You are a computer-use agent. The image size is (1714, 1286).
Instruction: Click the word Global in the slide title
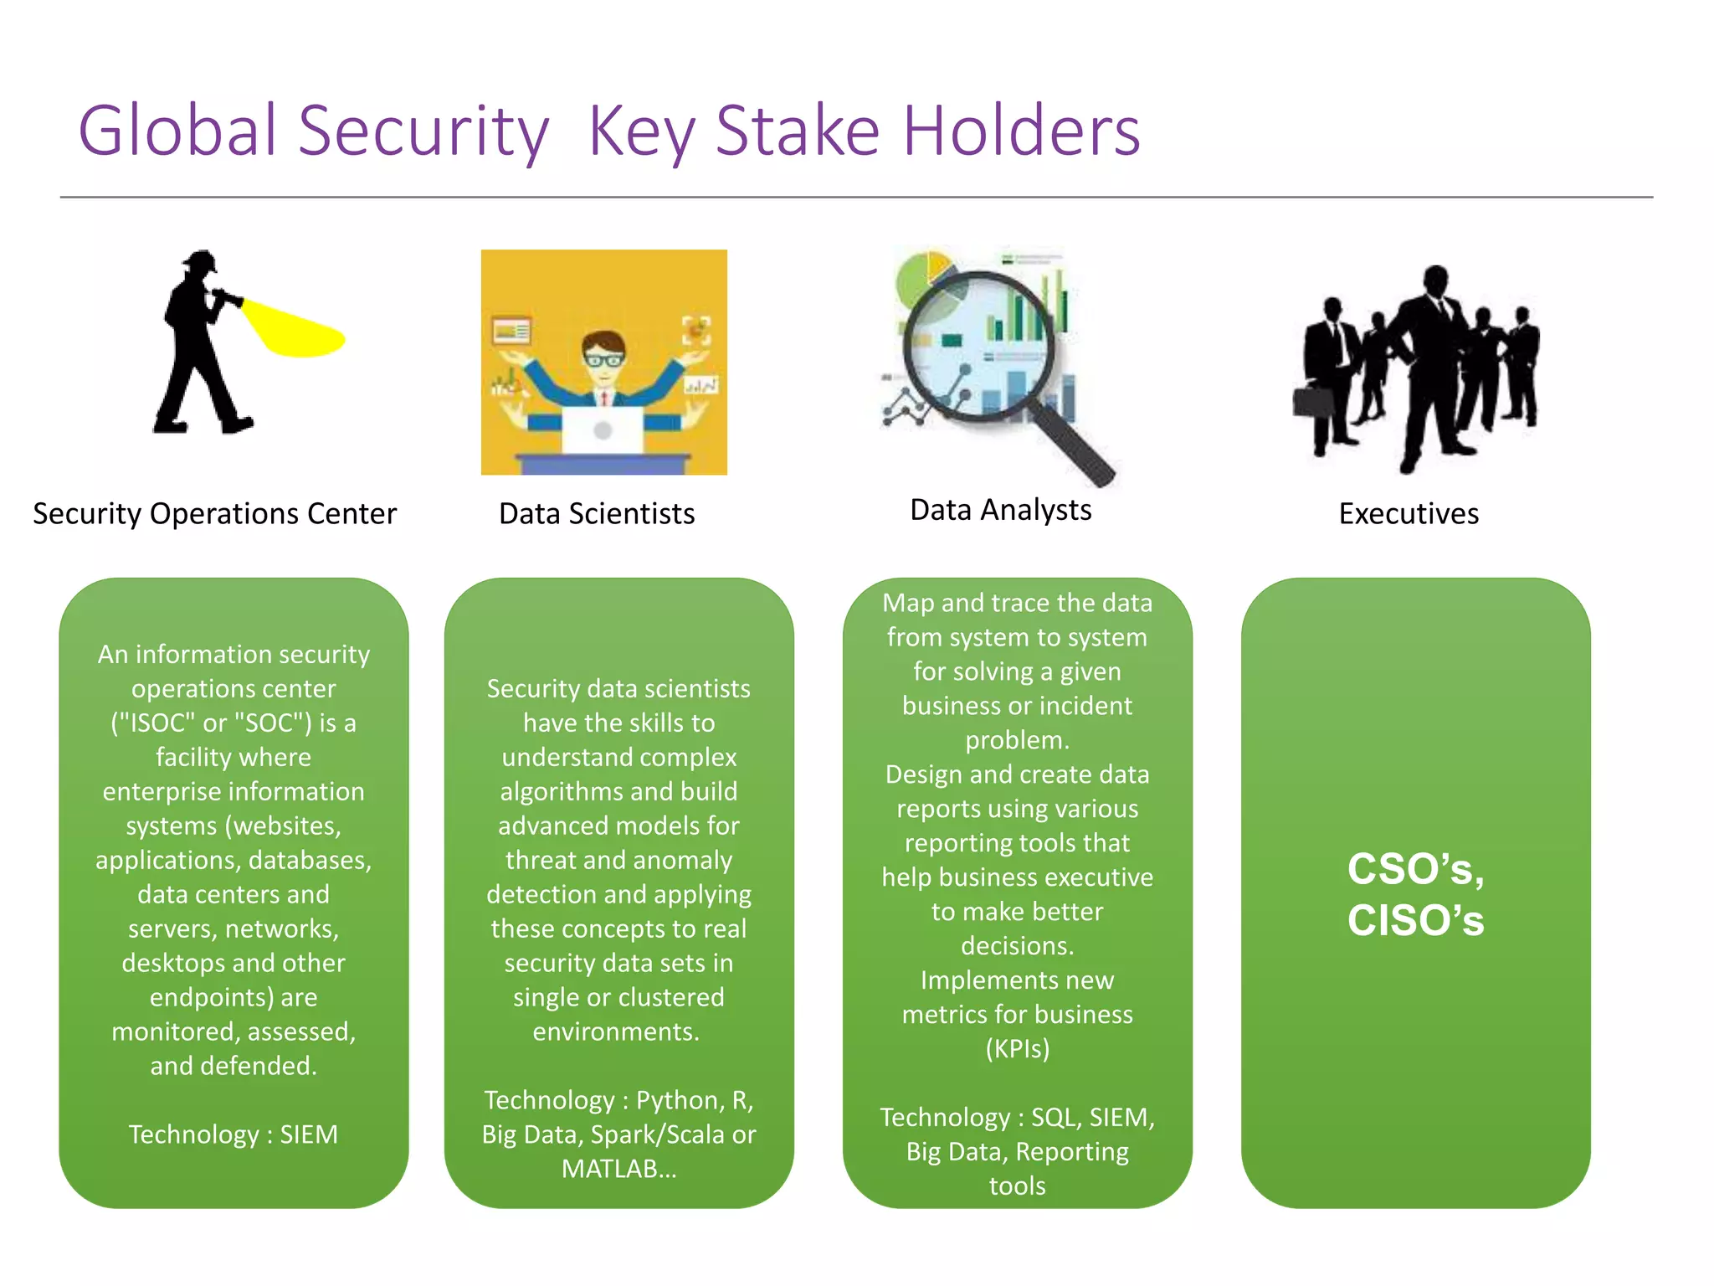click(x=177, y=131)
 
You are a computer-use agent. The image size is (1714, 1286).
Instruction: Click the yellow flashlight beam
click(x=297, y=330)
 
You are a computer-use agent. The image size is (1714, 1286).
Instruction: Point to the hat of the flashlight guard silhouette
click(x=200, y=260)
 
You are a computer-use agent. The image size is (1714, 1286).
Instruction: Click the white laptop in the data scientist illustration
click(x=603, y=430)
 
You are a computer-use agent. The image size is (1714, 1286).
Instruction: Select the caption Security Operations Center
click(x=214, y=513)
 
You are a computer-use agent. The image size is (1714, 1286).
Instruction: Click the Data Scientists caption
click(x=597, y=513)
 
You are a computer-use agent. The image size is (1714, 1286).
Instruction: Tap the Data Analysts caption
click(x=1000, y=510)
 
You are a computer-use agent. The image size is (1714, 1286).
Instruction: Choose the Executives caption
click(x=1409, y=513)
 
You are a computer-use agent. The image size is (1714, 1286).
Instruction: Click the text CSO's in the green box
click(x=1415, y=869)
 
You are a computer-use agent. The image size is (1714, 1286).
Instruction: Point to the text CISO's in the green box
click(x=1415, y=920)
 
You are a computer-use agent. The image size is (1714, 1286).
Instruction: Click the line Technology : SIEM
click(x=233, y=1134)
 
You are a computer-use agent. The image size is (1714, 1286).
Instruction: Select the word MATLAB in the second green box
click(x=609, y=1169)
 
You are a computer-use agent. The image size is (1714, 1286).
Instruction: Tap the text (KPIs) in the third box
click(x=1017, y=1049)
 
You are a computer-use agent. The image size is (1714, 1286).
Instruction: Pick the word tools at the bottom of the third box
click(x=1017, y=1186)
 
